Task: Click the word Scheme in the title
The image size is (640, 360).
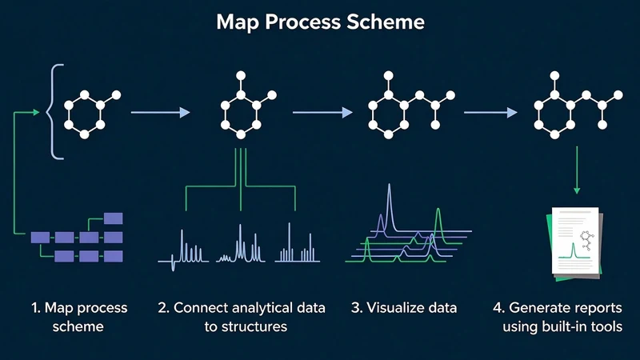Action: coord(386,22)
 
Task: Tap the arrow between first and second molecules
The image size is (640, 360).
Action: coord(161,112)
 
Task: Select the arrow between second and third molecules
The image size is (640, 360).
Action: coord(322,112)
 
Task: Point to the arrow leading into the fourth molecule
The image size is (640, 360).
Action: coord(490,112)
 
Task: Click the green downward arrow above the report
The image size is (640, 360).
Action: coord(577,170)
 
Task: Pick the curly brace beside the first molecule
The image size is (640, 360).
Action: coord(55,111)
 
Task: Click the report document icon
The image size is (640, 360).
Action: coord(574,244)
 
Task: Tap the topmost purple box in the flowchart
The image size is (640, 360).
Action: coord(113,218)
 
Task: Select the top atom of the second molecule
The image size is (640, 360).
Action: coord(241,75)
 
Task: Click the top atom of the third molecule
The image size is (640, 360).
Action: coord(389,75)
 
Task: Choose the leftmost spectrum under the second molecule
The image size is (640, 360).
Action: coord(183,250)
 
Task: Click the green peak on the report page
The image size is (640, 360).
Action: coord(574,250)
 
